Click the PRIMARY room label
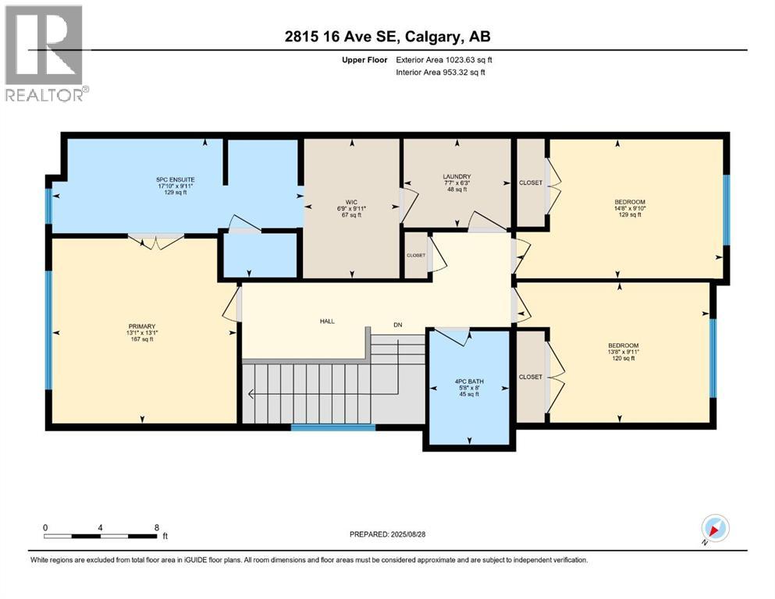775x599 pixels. point(143,326)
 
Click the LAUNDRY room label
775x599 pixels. point(457,177)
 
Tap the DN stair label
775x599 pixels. point(397,324)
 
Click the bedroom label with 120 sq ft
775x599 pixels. point(624,346)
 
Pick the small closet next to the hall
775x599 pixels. point(416,255)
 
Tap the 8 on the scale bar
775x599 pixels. point(156,527)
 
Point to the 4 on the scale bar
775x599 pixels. point(101,527)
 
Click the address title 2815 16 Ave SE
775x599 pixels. point(387,37)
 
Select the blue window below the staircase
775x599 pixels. point(333,427)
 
